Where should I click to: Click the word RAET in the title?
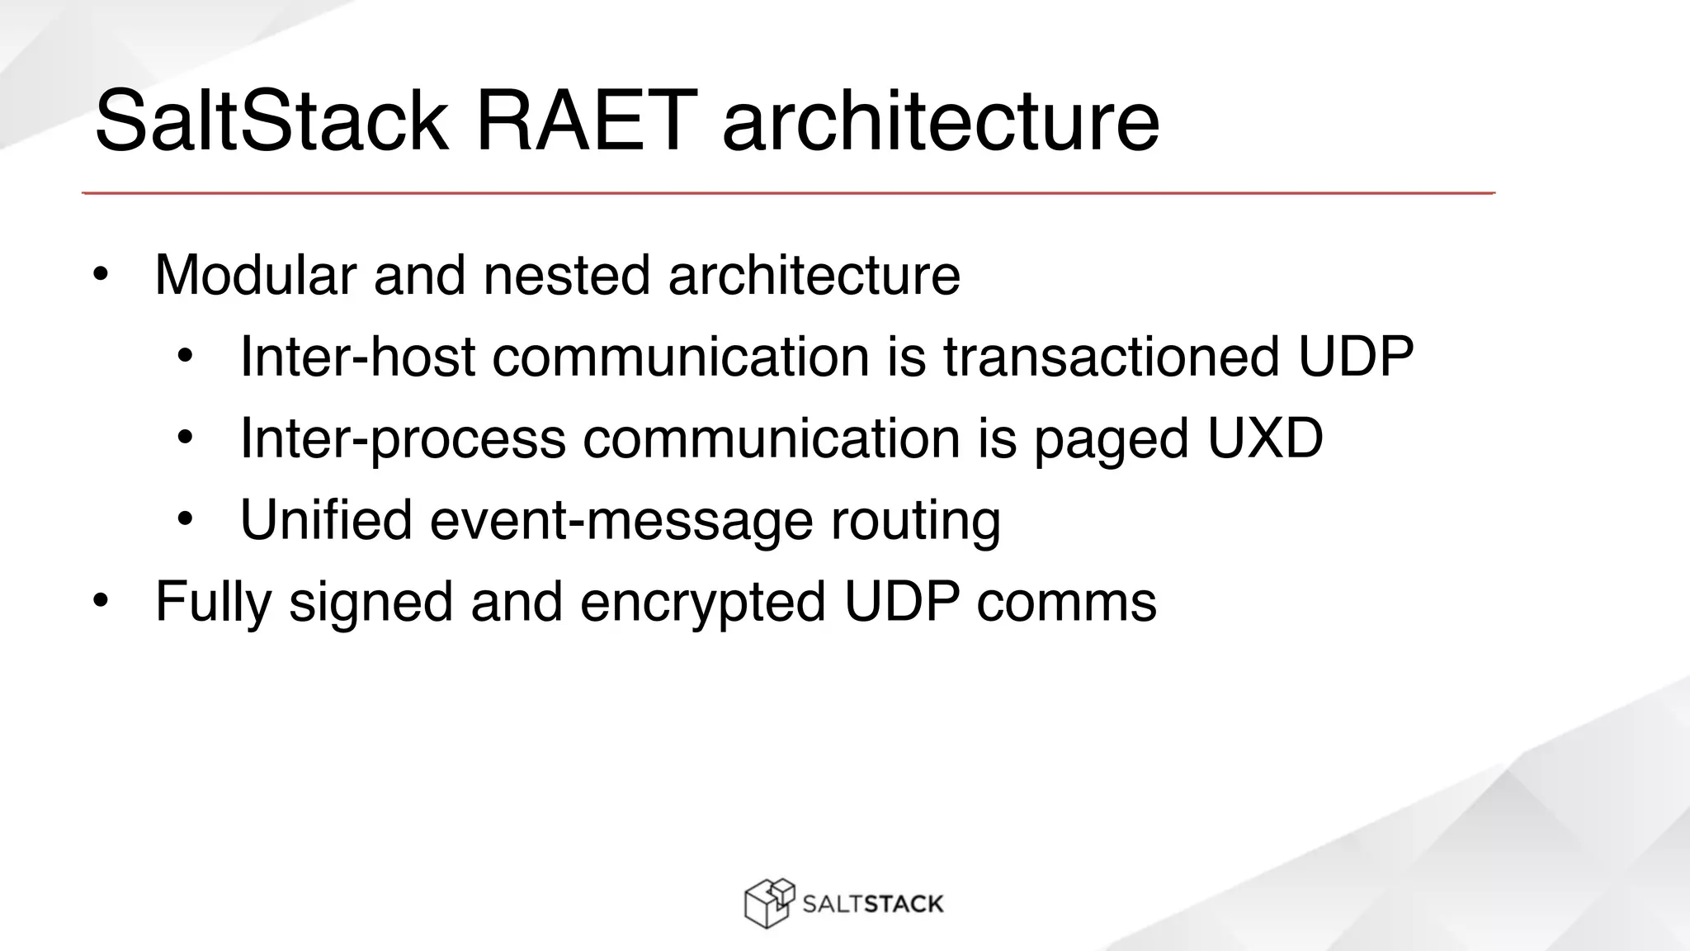point(581,121)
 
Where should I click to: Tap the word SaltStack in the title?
point(271,121)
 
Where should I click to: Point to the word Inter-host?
point(357,357)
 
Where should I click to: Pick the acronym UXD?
point(1265,438)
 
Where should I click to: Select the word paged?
point(1111,439)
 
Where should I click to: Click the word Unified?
point(326,519)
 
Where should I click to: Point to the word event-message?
point(621,519)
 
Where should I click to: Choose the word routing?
point(915,521)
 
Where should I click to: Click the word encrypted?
point(703,602)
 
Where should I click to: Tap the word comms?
point(1066,602)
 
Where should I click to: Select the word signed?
point(371,602)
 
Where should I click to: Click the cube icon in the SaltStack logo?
point(768,903)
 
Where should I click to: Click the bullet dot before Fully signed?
point(101,602)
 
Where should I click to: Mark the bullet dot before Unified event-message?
point(185,520)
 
